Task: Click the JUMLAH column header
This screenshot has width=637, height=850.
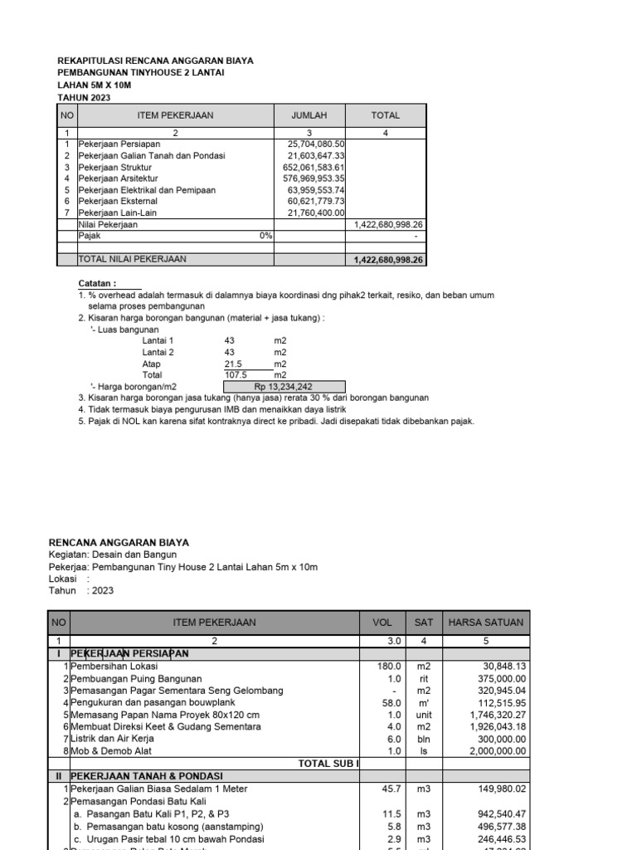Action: coord(309,115)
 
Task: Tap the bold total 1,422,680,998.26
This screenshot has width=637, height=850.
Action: coord(388,260)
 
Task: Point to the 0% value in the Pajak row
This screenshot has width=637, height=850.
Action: coord(265,236)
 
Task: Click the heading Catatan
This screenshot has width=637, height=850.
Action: coord(97,283)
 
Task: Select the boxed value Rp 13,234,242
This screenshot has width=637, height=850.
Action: coord(283,386)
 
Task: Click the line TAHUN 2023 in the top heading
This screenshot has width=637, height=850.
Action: coord(83,97)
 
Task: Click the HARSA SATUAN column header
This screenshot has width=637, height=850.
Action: coord(485,622)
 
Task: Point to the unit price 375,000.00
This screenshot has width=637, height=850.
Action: coord(498,678)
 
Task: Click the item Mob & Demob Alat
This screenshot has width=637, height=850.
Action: coord(110,751)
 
